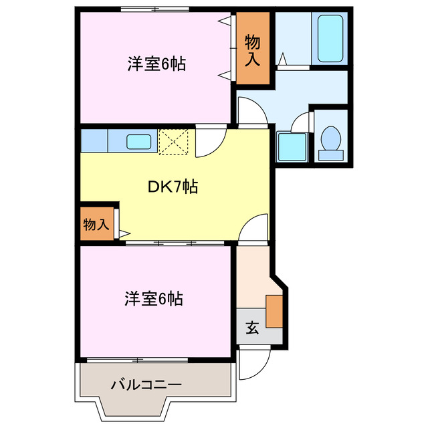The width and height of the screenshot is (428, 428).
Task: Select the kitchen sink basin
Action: pyautogui.click(x=139, y=142)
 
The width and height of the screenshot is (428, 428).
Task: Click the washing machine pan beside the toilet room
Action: pyautogui.click(x=292, y=146)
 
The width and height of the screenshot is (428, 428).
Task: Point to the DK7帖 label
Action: pyautogui.click(x=172, y=188)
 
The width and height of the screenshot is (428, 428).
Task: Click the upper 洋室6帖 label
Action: pyautogui.click(x=155, y=64)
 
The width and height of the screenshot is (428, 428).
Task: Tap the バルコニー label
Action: pyautogui.click(x=145, y=385)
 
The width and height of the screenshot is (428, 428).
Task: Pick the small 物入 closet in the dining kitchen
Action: pyautogui.click(x=96, y=224)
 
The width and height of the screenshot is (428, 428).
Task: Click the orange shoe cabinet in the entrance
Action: pyautogui.click(x=274, y=310)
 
